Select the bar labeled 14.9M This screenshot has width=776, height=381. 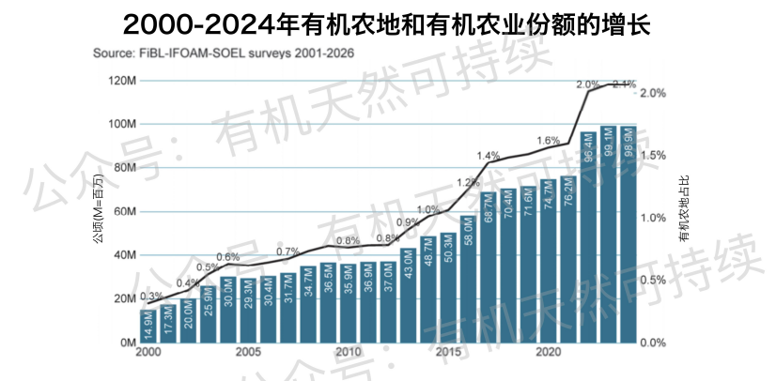coord(147,326)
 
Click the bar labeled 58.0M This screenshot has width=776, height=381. coord(468,279)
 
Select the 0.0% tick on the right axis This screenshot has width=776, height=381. coord(653,343)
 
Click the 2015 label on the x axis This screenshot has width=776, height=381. coord(448,352)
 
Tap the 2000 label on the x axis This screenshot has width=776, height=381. coord(147,352)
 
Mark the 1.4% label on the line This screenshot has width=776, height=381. coord(489,156)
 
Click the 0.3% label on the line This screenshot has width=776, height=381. coord(149,297)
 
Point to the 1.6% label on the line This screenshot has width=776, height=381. coord(549,141)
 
